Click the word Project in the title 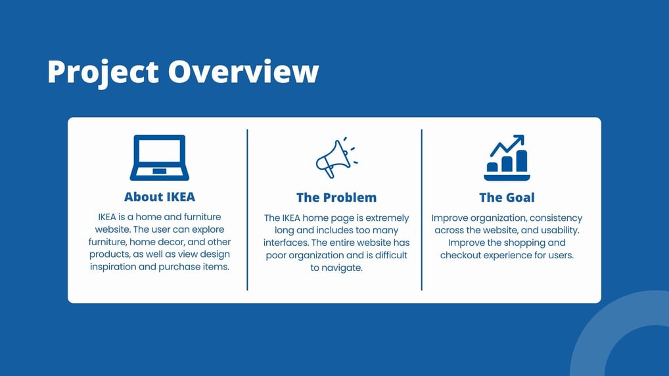point(103,72)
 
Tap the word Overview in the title point(244,71)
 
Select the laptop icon point(160,158)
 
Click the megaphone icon point(336,158)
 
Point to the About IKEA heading point(160,197)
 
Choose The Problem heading point(336,198)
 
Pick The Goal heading point(507,198)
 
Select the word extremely point(387,218)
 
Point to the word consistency point(556,218)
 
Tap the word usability point(560,231)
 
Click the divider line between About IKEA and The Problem point(247,210)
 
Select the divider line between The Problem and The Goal point(421,210)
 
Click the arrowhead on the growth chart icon point(519,139)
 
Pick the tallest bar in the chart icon point(521,160)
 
